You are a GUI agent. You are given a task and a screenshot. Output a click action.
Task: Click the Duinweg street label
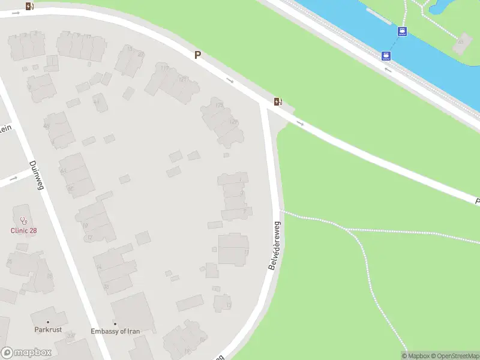37,175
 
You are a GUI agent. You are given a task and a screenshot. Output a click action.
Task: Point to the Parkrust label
48,330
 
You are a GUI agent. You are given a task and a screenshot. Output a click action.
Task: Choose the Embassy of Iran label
116,331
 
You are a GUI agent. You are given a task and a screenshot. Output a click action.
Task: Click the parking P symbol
197,55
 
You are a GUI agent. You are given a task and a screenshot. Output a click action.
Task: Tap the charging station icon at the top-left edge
30,7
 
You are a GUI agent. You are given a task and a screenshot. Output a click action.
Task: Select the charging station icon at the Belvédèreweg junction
277,101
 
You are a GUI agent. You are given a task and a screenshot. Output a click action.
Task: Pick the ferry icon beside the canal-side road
386,56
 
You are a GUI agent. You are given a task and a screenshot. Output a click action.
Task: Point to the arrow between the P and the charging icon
230,80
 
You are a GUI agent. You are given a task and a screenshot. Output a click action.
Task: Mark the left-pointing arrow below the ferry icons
388,70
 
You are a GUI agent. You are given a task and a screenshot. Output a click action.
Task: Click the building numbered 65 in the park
462,42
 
